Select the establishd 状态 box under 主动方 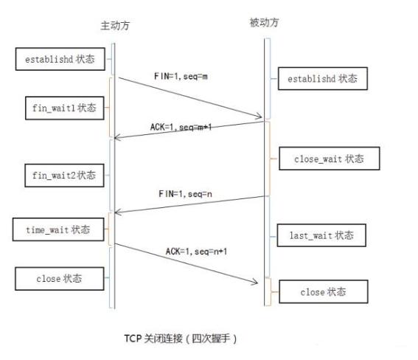tap(59, 59)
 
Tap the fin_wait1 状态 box tap(60, 108)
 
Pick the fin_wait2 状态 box tap(60, 176)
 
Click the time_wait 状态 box tap(59, 229)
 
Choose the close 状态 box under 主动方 tap(59, 279)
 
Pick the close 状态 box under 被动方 tap(322, 292)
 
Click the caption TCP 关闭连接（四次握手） tap(181, 339)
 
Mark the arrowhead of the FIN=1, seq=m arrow tap(260, 116)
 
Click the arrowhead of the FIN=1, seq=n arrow tap(117, 213)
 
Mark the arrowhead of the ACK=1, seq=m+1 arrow tap(117, 137)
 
